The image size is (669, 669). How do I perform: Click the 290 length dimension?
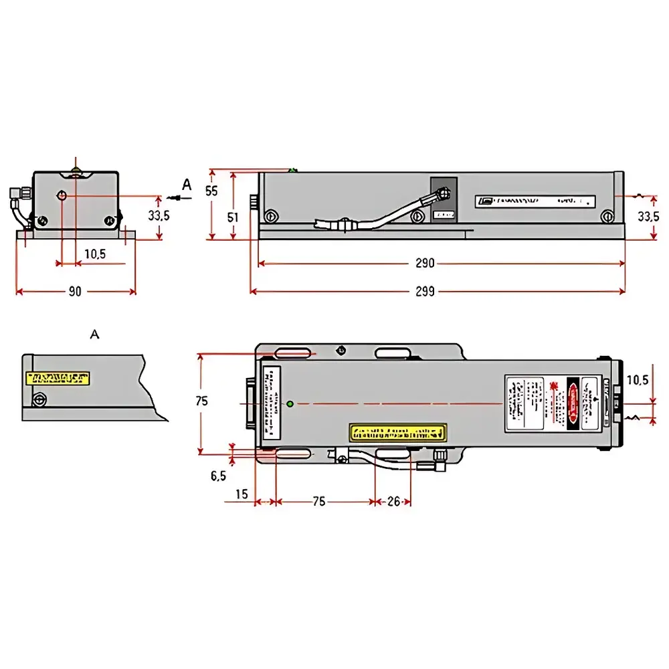(x=425, y=264)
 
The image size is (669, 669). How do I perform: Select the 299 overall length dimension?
(x=425, y=291)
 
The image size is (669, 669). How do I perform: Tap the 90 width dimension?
(x=75, y=291)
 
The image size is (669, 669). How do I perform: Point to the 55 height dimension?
(x=211, y=191)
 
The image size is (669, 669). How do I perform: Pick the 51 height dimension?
(x=233, y=217)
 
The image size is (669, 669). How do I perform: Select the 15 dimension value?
(x=242, y=494)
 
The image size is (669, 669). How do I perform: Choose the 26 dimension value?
(x=394, y=501)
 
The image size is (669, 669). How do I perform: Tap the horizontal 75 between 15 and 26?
(x=319, y=501)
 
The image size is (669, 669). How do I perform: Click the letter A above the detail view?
(x=94, y=333)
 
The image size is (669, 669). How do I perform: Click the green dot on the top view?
(x=289, y=403)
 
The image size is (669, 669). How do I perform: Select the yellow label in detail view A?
(x=57, y=379)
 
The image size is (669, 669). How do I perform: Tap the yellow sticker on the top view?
(x=397, y=432)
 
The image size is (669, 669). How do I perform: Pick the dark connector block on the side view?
(x=444, y=199)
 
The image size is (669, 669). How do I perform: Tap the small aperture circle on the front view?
(x=62, y=195)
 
